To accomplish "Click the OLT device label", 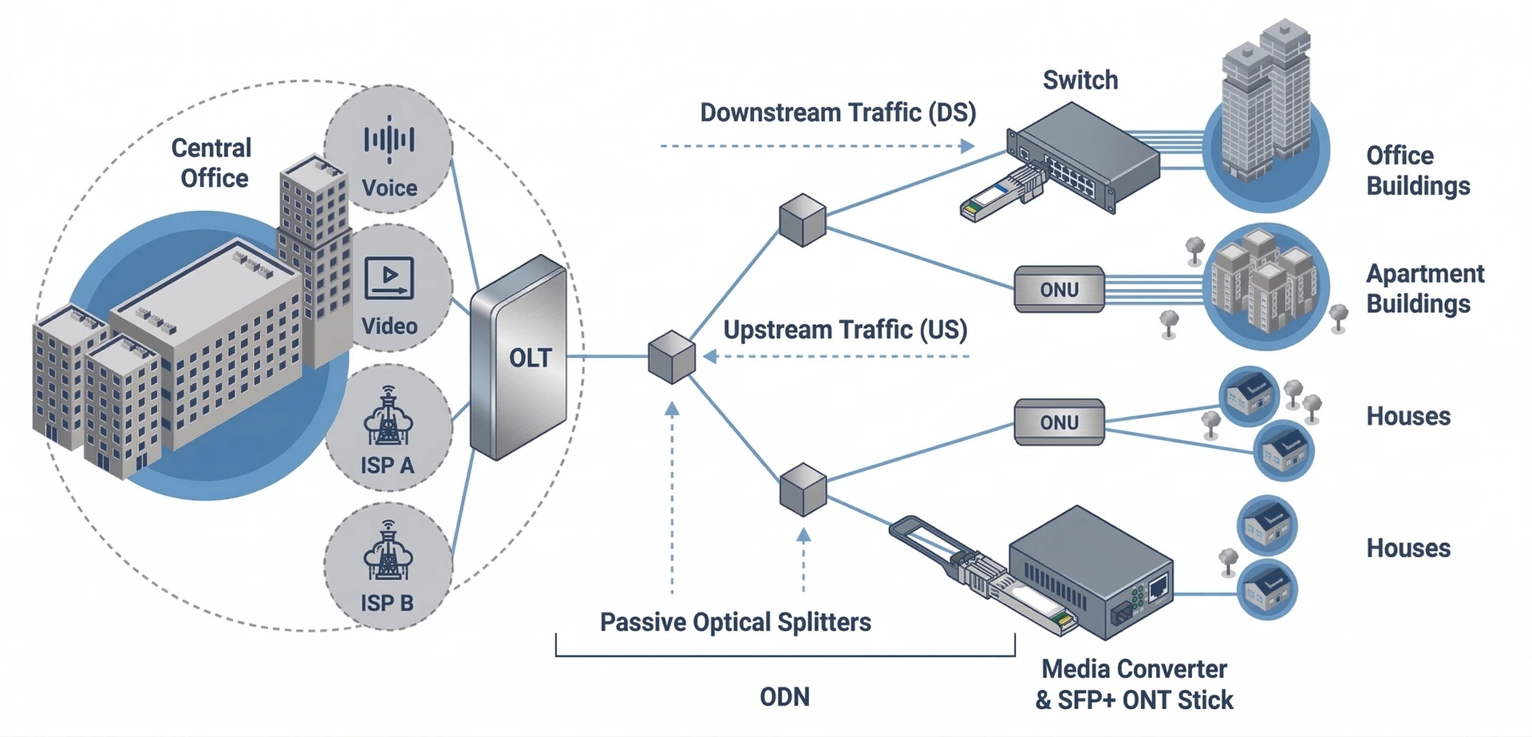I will [x=531, y=358].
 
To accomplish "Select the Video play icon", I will [x=389, y=278].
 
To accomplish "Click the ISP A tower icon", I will [x=388, y=417].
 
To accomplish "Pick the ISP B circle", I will [x=389, y=566].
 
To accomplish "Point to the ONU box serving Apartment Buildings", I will [x=1059, y=289].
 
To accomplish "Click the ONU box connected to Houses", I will [x=1059, y=422].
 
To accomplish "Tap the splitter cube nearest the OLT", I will [x=671, y=357].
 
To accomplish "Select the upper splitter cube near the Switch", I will [x=802, y=220].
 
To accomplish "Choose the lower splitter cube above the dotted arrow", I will [x=803, y=489].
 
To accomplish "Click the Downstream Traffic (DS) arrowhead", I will [x=967, y=146].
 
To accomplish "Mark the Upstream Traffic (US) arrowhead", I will [x=710, y=357].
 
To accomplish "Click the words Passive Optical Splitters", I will [x=735, y=622].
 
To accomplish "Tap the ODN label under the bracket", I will [x=784, y=697].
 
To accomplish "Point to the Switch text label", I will [x=1080, y=80].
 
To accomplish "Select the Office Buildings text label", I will [x=1417, y=170].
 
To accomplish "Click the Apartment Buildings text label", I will [x=1424, y=288].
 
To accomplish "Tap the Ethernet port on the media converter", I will [x=1158, y=587].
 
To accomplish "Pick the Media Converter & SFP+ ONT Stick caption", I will [x=1134, y=684].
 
